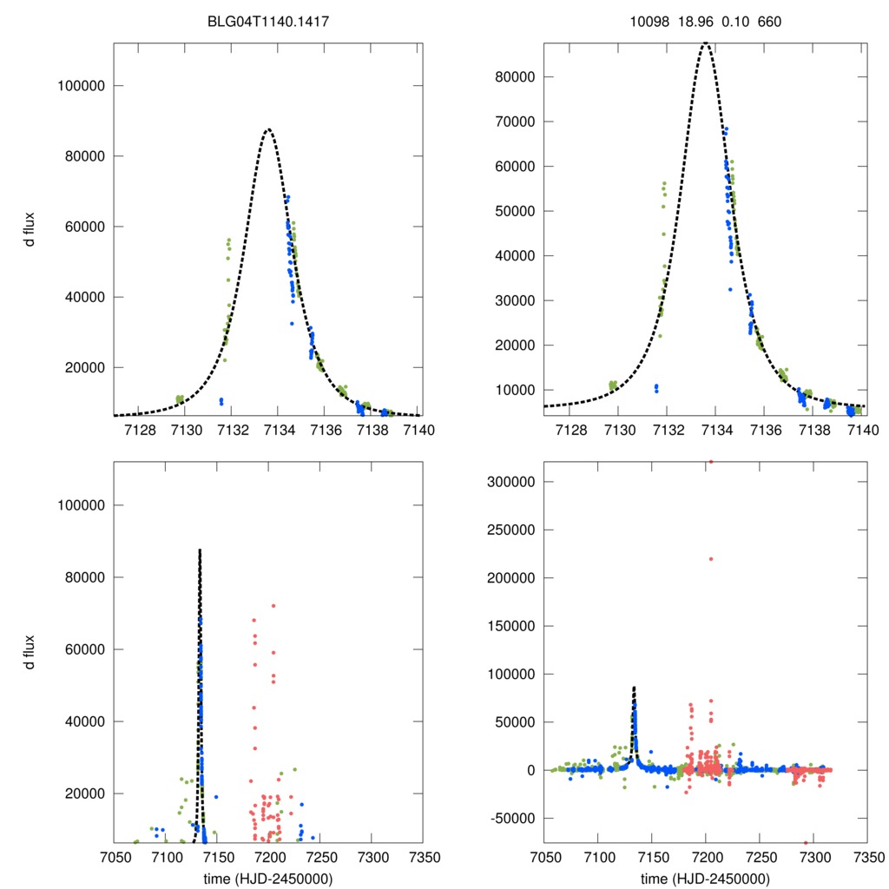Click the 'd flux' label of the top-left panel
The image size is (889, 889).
coord(30,229)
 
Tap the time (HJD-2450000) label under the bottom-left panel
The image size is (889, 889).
coord(268,878)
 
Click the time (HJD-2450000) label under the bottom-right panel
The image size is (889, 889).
coord(705,878)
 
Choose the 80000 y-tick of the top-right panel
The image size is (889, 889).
coord(515,76)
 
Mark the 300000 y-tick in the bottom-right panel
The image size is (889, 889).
coord(510,482)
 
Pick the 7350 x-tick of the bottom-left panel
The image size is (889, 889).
coord(423,855)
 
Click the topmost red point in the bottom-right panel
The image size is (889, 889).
coord(711,462)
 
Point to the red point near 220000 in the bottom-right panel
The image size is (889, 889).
coord(711,559)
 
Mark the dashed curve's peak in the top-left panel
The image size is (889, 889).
coord(268,129)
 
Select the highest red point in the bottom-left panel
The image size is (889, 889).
coord(273,606)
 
